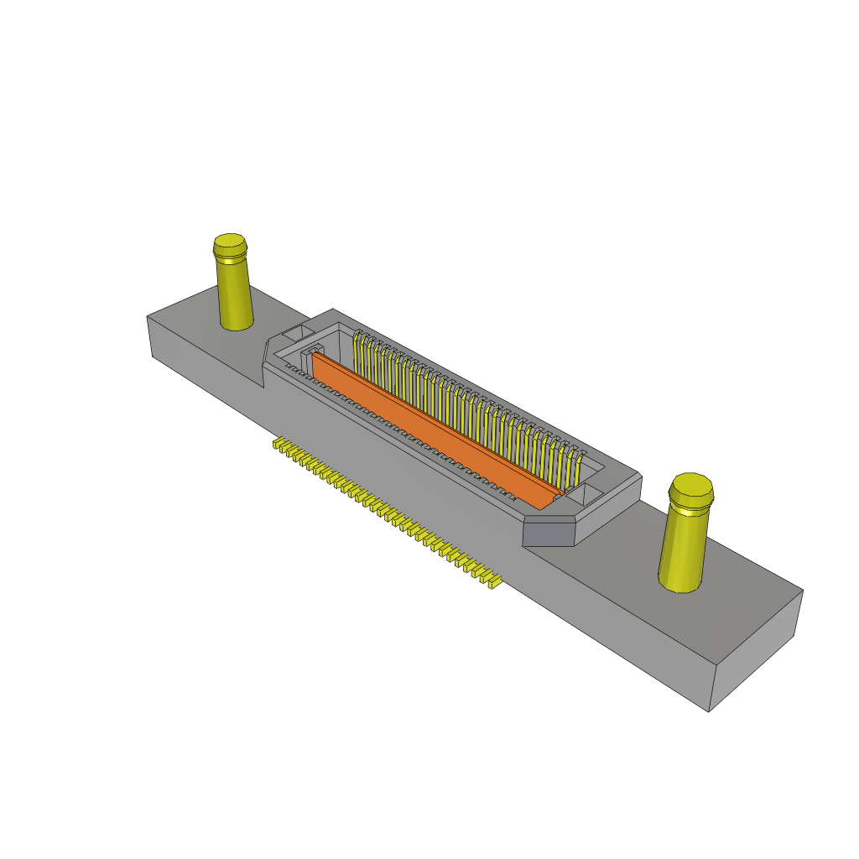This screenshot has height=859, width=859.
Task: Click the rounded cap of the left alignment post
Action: tap(230, 245)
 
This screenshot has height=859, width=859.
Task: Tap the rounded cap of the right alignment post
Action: tap(692, 490)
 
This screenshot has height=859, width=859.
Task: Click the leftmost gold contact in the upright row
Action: tap(358, 352)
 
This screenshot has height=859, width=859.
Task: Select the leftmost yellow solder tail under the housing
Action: tap(276, 444)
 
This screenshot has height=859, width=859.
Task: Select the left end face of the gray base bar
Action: tap(149, 336)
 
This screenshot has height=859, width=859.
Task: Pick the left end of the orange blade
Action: tap(316, 359)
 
